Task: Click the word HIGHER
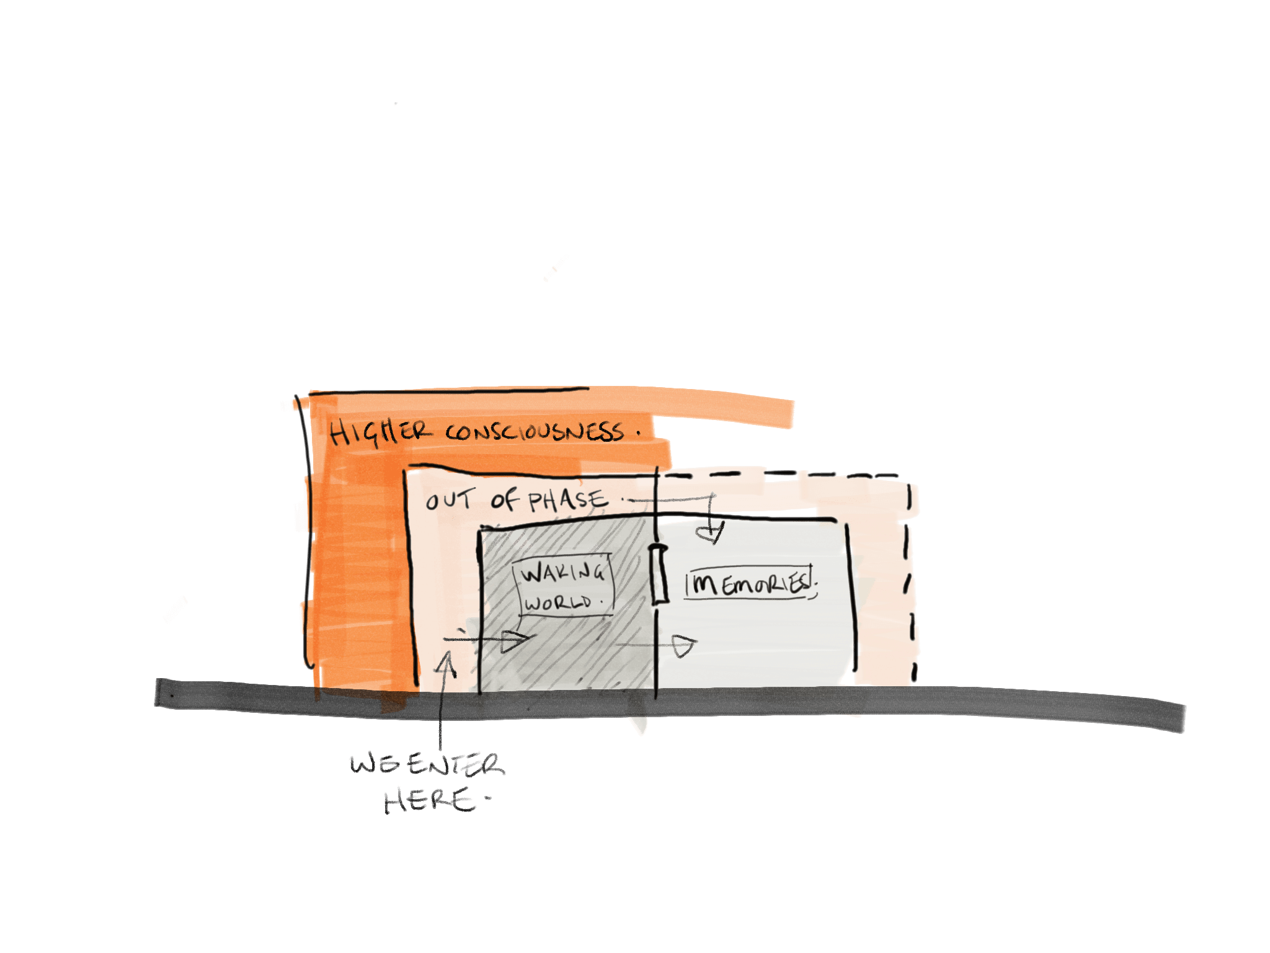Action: tap(378, 432)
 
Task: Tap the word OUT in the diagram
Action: tap(450, 500)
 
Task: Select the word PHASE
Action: tap(567, 500)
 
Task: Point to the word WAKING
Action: tap(562, 573)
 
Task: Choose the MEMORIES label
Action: tap(749, 583)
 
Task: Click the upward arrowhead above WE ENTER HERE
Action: tap(445, 664)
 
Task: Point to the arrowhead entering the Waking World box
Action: tap(515, 640)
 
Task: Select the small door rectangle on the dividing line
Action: tap(659, 574)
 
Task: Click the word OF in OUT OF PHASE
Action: tap(504, 500)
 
